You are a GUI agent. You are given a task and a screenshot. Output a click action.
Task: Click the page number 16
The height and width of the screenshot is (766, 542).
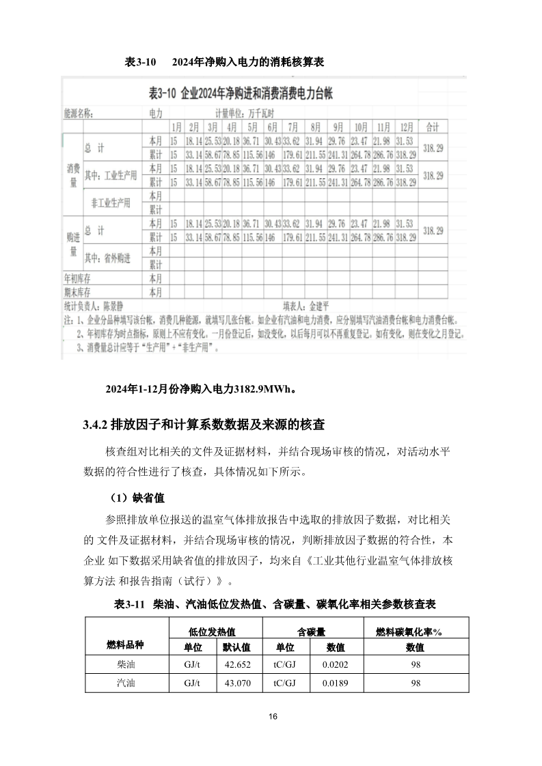coord(273,716)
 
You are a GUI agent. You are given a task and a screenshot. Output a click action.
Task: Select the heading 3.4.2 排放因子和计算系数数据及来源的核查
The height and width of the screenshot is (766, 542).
coord(203,425)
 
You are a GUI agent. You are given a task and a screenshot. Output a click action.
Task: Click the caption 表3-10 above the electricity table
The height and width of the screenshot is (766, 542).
coord(141,62)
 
